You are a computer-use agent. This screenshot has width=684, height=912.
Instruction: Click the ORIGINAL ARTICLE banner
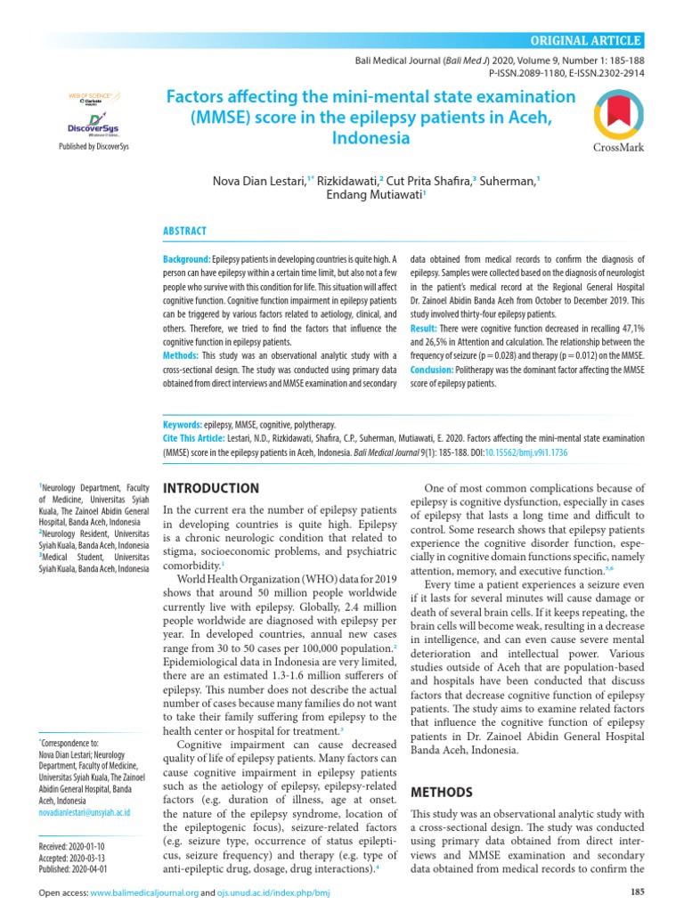585,40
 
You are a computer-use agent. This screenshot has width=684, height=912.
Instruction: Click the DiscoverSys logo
93,122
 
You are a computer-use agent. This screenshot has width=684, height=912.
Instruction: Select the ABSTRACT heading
183,231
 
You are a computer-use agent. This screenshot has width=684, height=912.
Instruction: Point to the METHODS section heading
441,792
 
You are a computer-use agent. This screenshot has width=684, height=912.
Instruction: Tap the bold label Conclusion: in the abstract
432,369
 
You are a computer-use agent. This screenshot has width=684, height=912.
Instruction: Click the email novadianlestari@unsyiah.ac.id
84,812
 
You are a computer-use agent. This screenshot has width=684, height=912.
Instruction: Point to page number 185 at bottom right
636,892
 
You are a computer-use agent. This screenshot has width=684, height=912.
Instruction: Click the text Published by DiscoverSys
93,147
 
